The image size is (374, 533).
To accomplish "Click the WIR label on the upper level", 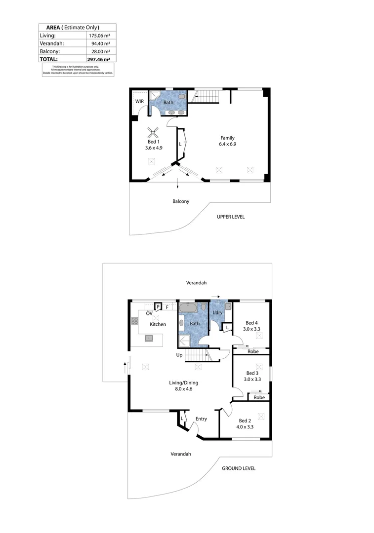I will pos(139,101).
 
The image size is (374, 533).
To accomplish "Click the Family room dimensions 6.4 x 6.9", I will pos(227,144).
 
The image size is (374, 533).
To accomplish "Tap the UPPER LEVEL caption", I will pos(231,217).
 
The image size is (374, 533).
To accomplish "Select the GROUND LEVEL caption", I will pos(239,468).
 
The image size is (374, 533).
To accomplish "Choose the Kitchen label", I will pos(158,324).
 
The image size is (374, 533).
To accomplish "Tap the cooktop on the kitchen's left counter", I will pos(134,321).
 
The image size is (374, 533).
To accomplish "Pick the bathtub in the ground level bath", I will pos(188,308).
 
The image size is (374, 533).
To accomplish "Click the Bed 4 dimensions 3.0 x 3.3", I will pos(251,328).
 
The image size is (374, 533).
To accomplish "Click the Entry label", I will pos(201,419).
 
